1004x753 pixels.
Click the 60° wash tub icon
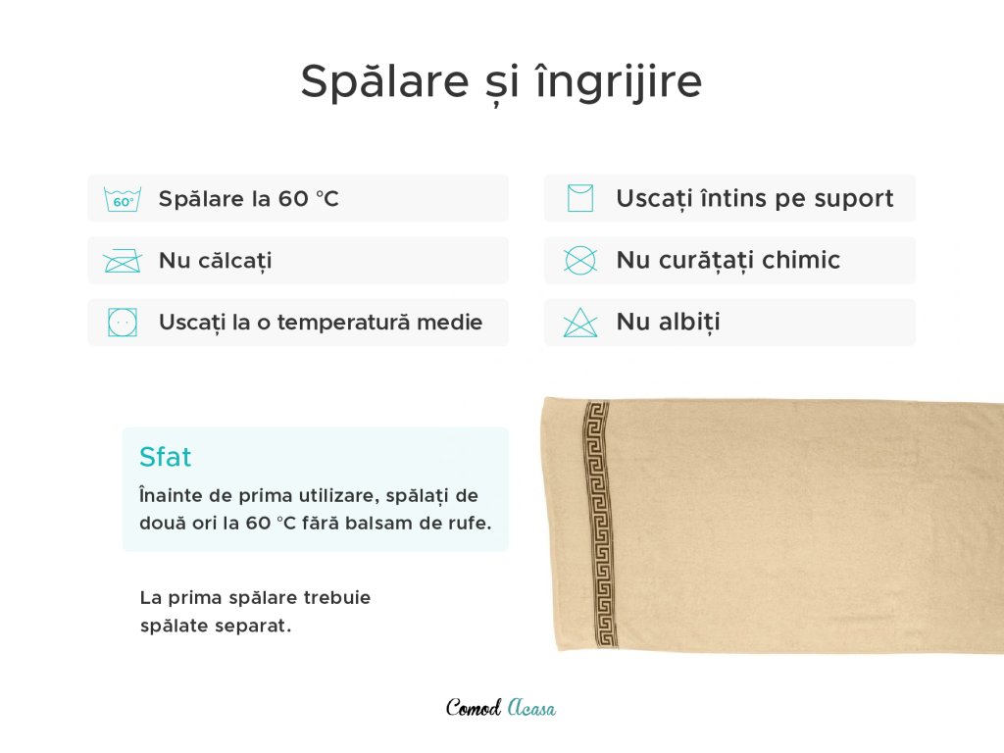coord(123,199)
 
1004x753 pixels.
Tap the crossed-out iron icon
coord(123,261)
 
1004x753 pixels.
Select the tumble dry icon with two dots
coord(123,322)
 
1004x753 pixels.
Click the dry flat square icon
coord(580,198)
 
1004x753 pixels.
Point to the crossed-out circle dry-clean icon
coord(580,261)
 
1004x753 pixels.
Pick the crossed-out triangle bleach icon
coord(580,322)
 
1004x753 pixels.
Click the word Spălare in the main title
coord(384,82)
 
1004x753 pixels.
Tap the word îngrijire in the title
coord(619,82)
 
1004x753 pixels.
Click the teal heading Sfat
coord(165,457)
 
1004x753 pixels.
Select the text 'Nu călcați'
coord(215,261)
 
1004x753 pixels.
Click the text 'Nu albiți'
coord(668,322)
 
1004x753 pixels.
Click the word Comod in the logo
coord(474,708)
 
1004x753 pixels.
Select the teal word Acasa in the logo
coord(531,708)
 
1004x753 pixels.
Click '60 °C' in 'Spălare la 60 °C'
coord(308,199)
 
